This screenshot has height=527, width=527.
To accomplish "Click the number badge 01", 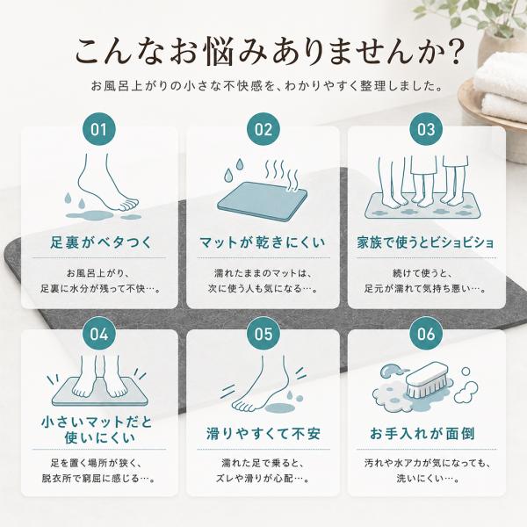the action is [98, 129].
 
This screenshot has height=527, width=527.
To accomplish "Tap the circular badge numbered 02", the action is [263, 129].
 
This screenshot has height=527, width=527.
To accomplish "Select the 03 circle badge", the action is [426, 129].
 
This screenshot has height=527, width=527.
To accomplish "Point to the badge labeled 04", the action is [98, 334].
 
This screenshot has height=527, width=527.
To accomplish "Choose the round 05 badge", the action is [263, 334].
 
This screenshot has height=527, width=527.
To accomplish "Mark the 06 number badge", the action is [426, 334].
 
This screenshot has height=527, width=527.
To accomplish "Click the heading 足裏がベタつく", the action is [101, 242].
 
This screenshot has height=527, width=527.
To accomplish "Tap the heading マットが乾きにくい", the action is [262, 242].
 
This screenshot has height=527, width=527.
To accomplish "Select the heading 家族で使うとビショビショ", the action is [425, 242].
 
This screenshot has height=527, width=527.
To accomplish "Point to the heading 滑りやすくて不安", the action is [263, 433].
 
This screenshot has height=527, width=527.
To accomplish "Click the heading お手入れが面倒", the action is [422, 433].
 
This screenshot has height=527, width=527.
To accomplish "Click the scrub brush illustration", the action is [426, 379].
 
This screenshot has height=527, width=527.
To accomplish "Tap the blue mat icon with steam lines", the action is [263, 201].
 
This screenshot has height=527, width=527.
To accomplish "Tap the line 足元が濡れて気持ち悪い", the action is [417, 288].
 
